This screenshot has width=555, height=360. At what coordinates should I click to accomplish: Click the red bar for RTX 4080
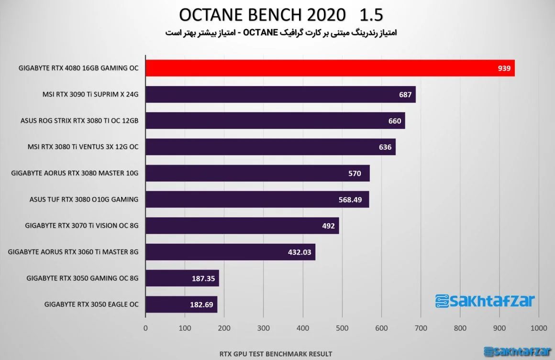(x=330, y=68)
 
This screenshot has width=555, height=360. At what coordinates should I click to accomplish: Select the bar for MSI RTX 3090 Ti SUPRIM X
(x=281, y=94)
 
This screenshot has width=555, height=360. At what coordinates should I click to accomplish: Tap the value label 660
(x=395, y=121)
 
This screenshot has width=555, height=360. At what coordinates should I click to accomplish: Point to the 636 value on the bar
(x=385, y=147)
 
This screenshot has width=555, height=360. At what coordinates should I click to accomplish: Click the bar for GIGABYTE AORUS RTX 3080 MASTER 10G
(x=258, y=173)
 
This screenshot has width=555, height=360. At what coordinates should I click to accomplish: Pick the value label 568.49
(x=350, y=200)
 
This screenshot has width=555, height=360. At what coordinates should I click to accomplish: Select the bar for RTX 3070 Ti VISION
(x=243, y=226)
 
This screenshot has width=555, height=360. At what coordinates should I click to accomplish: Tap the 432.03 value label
(x=300, y=252)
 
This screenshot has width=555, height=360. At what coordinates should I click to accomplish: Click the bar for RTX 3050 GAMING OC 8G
(x=182, y=278)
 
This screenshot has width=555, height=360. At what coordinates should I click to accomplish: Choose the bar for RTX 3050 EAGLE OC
(x=182, y=305)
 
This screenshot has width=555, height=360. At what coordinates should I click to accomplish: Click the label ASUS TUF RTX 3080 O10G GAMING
(x=84, y=199)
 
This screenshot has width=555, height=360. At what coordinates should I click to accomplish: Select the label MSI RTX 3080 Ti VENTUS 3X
(x=83, y=147)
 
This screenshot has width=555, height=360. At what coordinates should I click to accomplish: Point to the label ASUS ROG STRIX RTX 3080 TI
(x=79, y=120)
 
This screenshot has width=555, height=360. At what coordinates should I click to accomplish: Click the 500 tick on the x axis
(x=342, y=328)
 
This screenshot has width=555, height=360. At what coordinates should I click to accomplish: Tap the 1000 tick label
(x=539, y=328)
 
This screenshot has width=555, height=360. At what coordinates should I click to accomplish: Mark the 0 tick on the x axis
(x=145, y=328)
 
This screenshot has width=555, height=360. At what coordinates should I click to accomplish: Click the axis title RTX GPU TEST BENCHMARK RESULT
(x=276, y=354)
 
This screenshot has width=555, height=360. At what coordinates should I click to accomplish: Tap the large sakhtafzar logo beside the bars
(x=485, y=301)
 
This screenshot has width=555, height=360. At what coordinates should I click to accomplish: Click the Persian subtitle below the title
(x=281, y=33)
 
